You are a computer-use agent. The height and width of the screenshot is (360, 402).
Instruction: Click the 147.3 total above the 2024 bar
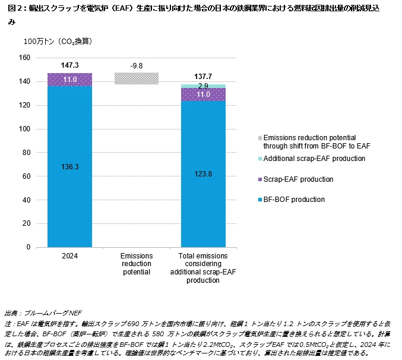(70, 64)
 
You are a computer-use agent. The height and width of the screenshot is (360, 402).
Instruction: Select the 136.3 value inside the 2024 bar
(70, 167)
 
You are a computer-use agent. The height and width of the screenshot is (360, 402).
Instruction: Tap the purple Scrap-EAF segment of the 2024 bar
(70, 80)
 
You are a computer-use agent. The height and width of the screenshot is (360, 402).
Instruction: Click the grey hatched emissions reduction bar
(137, 78)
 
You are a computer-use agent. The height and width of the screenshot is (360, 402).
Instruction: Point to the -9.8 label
(137, 66)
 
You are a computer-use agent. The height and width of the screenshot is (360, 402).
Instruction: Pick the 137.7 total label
(203, 77)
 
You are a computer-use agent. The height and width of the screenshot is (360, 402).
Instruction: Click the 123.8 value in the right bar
(203, 174)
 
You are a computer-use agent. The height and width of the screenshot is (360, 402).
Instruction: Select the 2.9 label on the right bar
(203, 86)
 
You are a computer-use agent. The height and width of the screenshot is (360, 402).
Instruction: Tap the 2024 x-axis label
(70, 256)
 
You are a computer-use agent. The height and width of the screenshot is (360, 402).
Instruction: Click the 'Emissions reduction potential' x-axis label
(137, 264)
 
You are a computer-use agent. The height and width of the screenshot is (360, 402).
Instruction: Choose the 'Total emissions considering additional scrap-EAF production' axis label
(203, 267)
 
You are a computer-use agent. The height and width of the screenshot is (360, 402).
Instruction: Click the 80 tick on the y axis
(26, 152)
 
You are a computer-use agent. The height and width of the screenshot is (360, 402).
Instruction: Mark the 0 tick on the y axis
(28, 247)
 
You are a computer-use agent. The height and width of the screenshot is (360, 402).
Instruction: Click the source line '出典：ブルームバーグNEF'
(43, 312)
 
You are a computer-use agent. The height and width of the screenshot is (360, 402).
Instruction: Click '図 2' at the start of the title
(13, 8)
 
